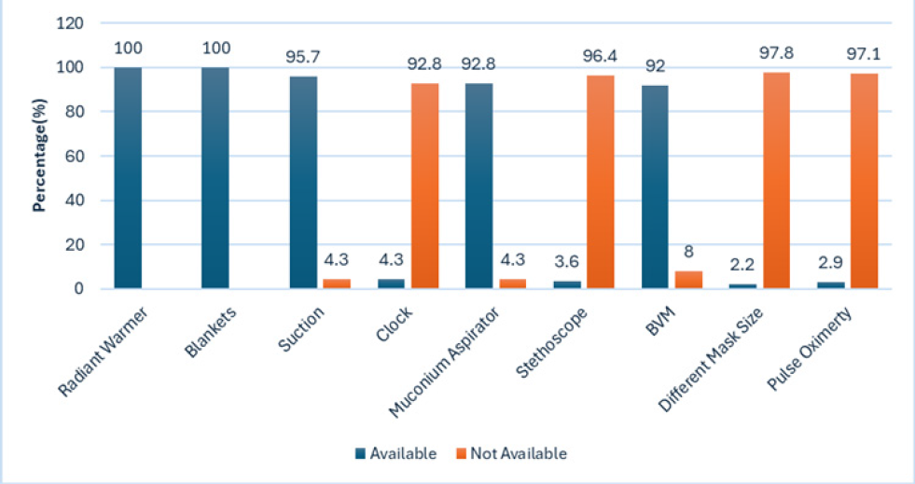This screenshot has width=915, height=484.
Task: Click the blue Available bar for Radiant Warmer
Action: (x=128, y=177)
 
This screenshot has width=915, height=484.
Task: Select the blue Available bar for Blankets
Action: (x=215, y=177)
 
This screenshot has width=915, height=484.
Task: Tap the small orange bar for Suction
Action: (x=337, y=283)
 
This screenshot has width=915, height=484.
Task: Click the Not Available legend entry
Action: (x=510, y=454)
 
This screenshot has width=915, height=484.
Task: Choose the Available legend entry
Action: (x=395, y=454)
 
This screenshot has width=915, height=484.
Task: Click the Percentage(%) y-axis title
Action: (x=40, y=156)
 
